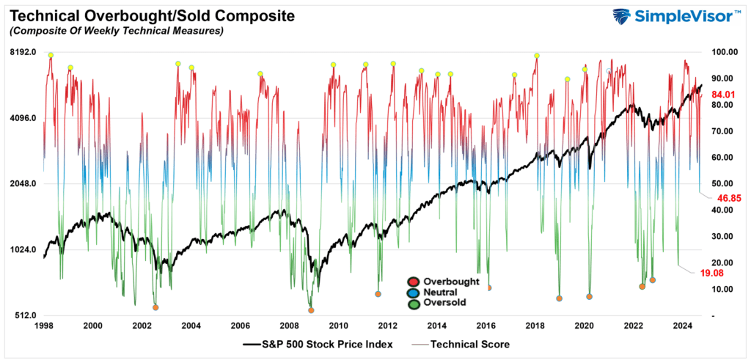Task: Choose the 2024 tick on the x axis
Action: [x=683, y=326]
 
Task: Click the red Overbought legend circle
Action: [x=414, y=282]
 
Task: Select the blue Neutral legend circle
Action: [x=414, y=292]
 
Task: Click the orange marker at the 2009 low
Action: [x=311, y=310]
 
